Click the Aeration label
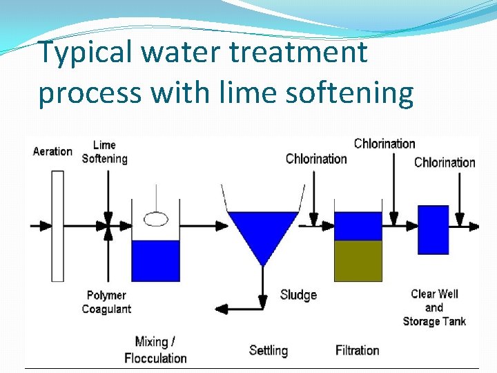pyautogui.click(x=52, y=151)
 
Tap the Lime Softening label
pyautogui.click(x=105, y=152)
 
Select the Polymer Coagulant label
pyautogui.click(x=106, y=302)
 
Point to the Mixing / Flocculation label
pyautogui.click(x=155, y=350)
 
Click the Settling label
pyautogui.click(x=269, y=350)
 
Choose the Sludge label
pyautogui.click(x=298, y=295)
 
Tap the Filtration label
pyautogui.click(x=358, y=350)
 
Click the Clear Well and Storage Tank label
pyautogui.click(x=434, y=307)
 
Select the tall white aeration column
pyautogui.click(x=57, y=225)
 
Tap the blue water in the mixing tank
pyautogui.click(x=155, y=260)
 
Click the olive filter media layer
pyautogui.click(x=358, y=260)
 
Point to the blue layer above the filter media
pyautogui.click(x=358, y=226)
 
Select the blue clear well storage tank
pyautogui.click(x=433, y=230)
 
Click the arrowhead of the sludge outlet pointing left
pyautogui.click(x=221, y=309)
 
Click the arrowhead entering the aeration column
pyautogui.click(x=46, y=225)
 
